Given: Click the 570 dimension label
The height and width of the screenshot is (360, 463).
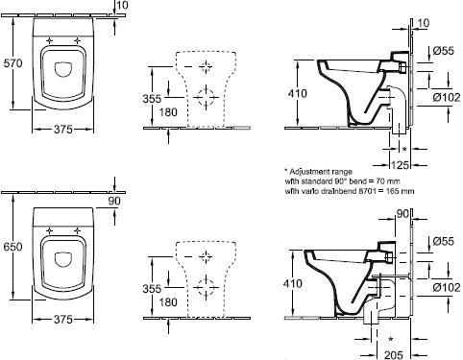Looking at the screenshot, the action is pyautogui.click(x=12, y=63).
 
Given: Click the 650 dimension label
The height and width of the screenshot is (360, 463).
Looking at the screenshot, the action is pyautogui.click(x=12, y=247).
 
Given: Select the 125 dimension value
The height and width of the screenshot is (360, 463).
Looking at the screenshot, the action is pyautogui.click(x=401, y=165).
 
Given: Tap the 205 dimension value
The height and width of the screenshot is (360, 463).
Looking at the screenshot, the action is pyautogui.click(x=394, y=354).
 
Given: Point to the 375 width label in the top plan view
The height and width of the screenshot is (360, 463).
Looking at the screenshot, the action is pyautogui.click(x=62, y=130).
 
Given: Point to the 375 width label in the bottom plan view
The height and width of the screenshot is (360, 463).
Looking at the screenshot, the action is pyautogui.click(x=62, y=320).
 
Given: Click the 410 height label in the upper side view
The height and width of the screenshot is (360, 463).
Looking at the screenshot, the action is pyautogui.click(x=297, y=93).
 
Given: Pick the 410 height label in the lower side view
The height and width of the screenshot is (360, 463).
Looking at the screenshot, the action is pyautogui.click(x=292, y=283).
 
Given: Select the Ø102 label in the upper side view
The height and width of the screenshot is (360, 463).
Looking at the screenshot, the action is pyautogui.click(x=447, y=97).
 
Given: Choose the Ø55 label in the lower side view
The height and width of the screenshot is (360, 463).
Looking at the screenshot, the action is pyautogui.click(x=443, y=241).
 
